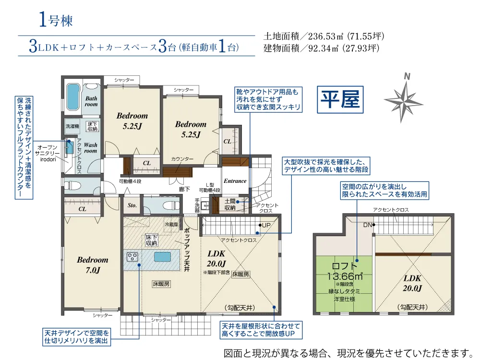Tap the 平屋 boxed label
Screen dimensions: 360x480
click(x=340, y=99)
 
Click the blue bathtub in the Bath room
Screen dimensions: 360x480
click(x=72, y=97)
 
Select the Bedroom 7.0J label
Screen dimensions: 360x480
click(x=93, y=264)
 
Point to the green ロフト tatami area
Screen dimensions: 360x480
click(x=344, y=283)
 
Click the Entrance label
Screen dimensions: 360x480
click(x=235, y=181)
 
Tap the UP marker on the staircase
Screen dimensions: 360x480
click(x=265, y=225)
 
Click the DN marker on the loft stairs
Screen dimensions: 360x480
click(x=368, y=225)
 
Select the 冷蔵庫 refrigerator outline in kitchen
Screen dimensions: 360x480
click(x=171, y=226)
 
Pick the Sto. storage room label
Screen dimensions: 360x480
click(x=132, y=205)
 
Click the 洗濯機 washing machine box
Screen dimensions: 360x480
click(x=72, y=126)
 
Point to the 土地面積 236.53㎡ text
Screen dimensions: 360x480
click(x=324, y=36)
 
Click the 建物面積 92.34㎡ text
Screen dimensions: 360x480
click(x=322, y=48)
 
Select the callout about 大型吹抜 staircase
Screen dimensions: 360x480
click(x=326, y=166)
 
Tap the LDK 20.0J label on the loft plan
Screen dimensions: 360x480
click(x=412, y=284)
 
